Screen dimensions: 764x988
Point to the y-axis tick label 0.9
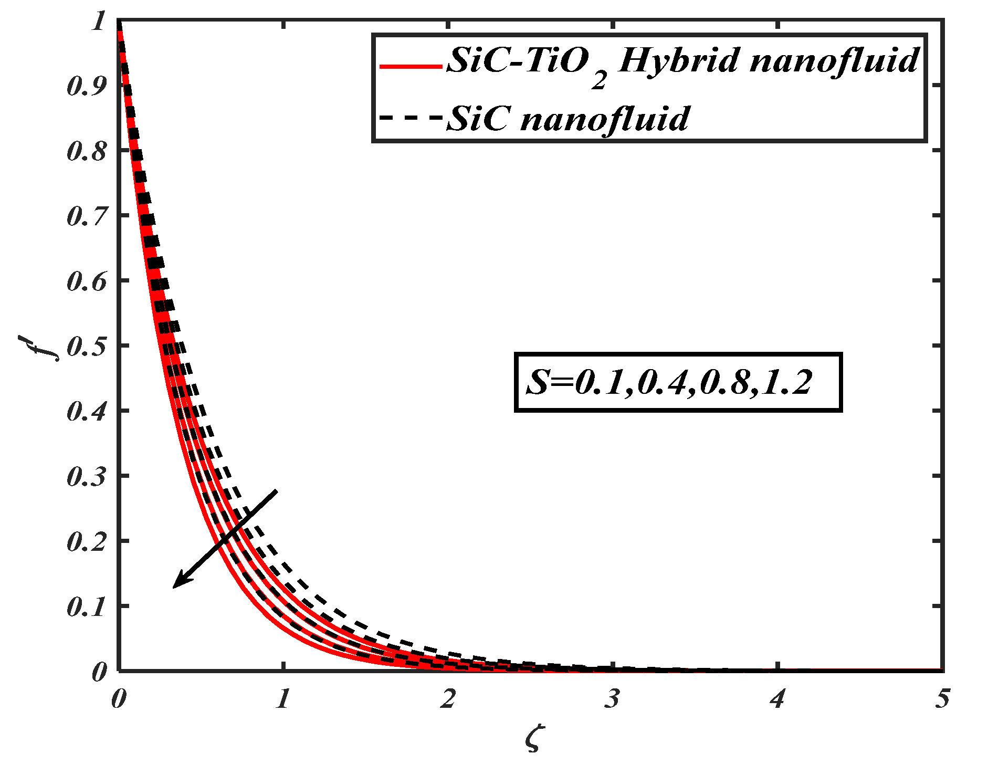[86, 86]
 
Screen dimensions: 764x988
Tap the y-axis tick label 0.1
[86, 607]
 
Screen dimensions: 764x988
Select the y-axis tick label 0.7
[86, 216]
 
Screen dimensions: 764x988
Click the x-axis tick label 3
[612, 699]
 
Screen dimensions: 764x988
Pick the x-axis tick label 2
[447, 699]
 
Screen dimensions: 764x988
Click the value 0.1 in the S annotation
[598, 383]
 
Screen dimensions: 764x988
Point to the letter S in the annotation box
[537, 382]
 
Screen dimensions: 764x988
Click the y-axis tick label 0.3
[86, 477]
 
